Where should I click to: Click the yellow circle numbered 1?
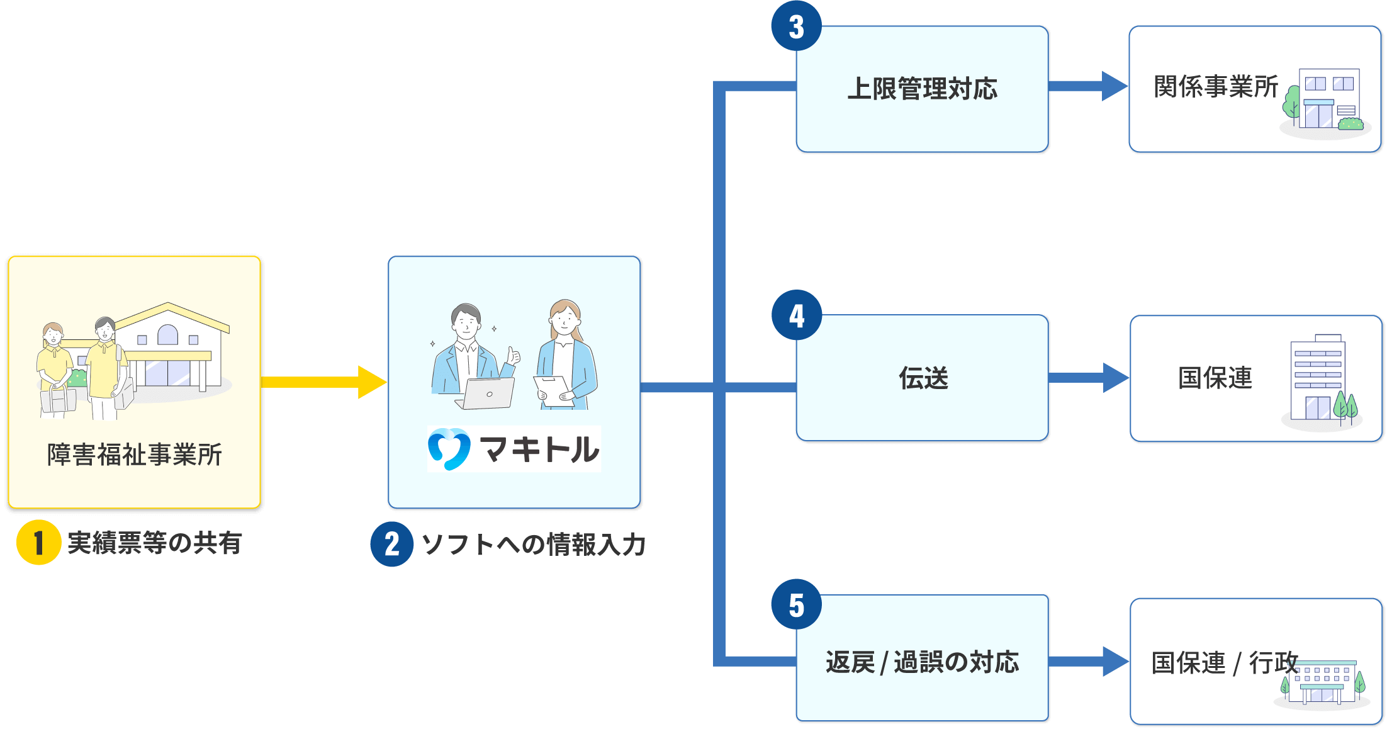(x=38, y=542)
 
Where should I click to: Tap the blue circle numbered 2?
(x=391, y=544)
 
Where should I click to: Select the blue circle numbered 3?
(x=796, y=26)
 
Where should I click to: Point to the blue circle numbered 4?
(x=796, y=315)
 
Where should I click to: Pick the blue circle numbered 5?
(x=796, y=604)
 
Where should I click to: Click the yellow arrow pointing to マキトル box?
(x=323, y=382)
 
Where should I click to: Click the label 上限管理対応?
(x=922, y=89)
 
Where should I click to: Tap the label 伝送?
(x=923, y=378)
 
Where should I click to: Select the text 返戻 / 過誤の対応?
(x=922, y=662)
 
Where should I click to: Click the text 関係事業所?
(x=1215, y=87)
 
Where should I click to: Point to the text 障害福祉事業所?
(x=134, y=455)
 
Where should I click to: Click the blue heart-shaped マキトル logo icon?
(x=449, y=449)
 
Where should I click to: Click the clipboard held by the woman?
(x=552, y=390)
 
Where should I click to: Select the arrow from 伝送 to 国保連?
(x=1089, y=378)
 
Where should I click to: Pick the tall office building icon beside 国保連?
(x=1318, y=378)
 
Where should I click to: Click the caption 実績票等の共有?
(x=154, y=543)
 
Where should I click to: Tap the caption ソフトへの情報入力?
(x=533, y=545)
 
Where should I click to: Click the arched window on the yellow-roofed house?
(x=167, y=335)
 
